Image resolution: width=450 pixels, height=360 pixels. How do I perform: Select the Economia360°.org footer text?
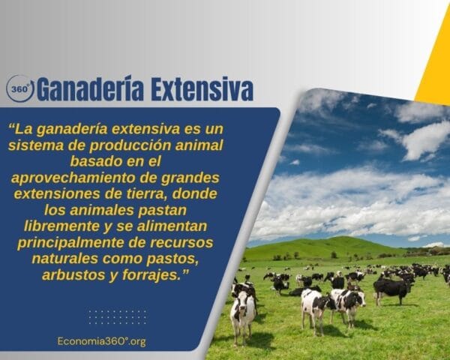point(101,341)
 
